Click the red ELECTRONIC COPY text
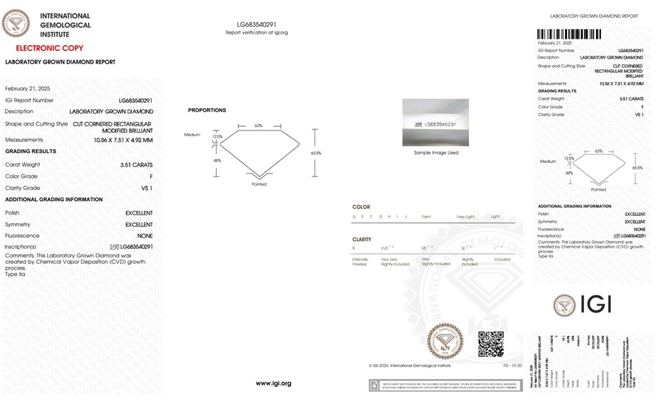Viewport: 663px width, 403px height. click(49, 48)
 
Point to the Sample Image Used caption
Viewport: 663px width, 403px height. click(435, 152)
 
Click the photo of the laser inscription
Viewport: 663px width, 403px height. click(435, 123)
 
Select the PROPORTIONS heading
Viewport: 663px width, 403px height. click(207, 110)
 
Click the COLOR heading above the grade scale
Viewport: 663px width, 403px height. click(360, 207)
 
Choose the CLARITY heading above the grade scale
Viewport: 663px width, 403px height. click(362, 239)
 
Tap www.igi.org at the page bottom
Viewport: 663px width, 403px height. click(273, 383)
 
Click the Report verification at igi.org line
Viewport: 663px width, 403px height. click(257, 32)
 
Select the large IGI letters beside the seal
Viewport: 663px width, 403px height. click(595, 304)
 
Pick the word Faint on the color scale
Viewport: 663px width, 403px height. click(426, 216)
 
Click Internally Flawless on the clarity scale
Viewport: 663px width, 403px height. click(360, 262)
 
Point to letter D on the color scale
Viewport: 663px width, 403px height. click(354, 216)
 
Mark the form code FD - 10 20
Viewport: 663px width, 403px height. click(513, 366)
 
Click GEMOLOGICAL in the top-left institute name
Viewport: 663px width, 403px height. click(66, 25)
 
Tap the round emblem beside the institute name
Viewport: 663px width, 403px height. click(16, 23)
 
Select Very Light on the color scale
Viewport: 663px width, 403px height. click(465, 216)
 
